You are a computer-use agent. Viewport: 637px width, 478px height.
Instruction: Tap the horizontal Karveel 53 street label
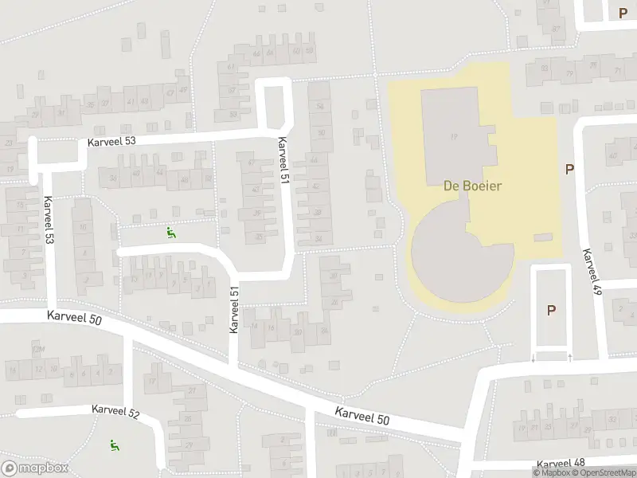tap(112, 141)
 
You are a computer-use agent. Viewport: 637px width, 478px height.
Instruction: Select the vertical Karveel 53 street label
tap(50, 220)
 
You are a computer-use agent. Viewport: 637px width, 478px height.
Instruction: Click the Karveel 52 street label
tap(115, 411)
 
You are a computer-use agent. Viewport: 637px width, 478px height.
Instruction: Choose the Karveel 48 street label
tap(561, 463)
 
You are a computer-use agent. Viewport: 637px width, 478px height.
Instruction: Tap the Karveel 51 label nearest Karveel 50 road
tap(234, 311)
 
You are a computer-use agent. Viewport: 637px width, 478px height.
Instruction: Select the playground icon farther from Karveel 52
tap(170, 233)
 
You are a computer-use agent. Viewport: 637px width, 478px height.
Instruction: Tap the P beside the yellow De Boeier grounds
tap(569, 169)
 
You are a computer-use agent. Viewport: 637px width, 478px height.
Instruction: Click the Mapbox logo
tap(34, 468)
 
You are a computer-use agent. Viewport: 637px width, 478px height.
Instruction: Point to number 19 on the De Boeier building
tap(453, 137)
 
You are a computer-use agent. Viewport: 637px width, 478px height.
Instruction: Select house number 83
tap(545, 69)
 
